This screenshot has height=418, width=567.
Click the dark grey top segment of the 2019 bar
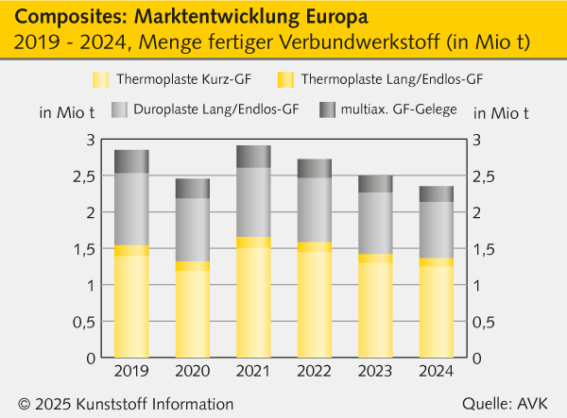coord(131,161)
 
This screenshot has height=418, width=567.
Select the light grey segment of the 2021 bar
coord(253,202)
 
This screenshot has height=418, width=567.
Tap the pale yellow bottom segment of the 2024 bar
coord(436,312)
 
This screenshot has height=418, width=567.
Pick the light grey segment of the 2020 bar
coord(192,229)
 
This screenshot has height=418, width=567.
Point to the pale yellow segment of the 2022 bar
coord(314,305)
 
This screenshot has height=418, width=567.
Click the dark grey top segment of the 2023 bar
coord(375,184)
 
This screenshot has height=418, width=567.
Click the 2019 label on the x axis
coord(131,371)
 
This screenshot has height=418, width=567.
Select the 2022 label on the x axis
coord(314,371)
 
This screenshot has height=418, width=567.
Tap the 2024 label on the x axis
coord(436,371)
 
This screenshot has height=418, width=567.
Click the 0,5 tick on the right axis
coord(483,322)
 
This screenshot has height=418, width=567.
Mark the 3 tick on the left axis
coord(91,140)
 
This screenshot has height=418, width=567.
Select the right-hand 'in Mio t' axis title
coord(500,113)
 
